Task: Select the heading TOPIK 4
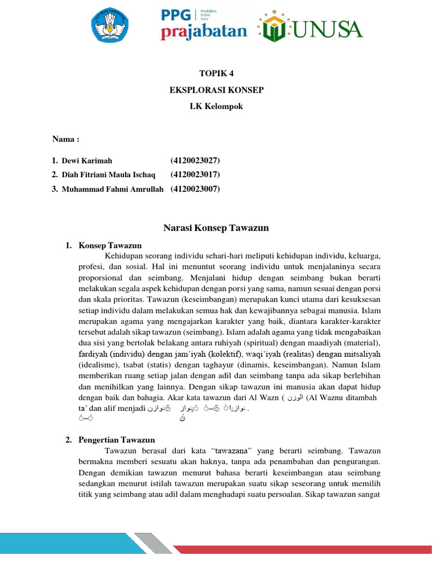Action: point(216,74)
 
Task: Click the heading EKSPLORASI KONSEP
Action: point(216,90)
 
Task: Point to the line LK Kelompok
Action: point(216,106)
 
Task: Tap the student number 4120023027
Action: point(195,161)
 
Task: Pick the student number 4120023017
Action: point(195,175)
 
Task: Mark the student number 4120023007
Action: point(195,189)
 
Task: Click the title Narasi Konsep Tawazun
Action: point(216,228)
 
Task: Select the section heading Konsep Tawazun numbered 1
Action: point(110,246)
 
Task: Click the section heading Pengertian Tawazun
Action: point(117,440)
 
